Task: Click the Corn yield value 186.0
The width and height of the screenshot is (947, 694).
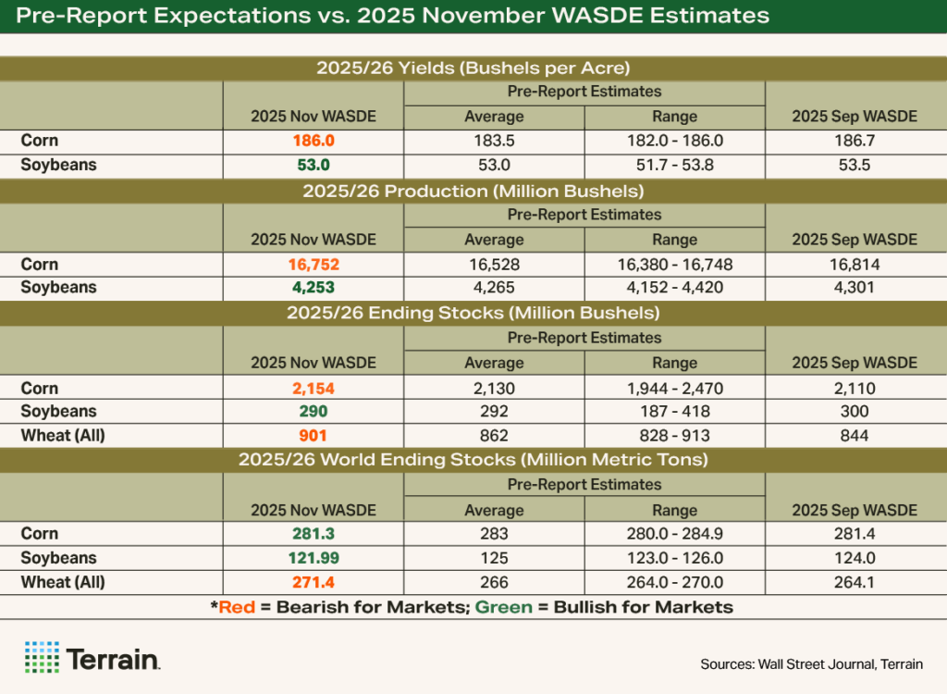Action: pyautogui.click(x=313, y=142)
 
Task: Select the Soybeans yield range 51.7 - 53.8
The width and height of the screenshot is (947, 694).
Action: pyautogui.click(x=674, y=166)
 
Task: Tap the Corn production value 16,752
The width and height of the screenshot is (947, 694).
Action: pyautogui.click(x=313, y=264)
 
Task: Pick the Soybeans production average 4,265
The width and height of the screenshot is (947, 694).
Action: pyautogui.click(x=494, y=288)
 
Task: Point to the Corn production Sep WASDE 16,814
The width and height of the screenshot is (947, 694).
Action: pyautogui.click(x=855, y=264)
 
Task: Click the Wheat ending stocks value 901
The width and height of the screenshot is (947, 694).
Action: pyautogui.click(x=313, y=435)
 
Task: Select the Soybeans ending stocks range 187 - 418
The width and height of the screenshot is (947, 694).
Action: pyautogui.click(x=674, y=412)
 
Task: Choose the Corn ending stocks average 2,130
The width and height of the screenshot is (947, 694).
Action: pyautogui.click(x=494, y=389)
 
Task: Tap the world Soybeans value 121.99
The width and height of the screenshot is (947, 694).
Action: pyautogui.click(x=313, y=558)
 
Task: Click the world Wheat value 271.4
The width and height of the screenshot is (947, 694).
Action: pyautogui.click(x=313, y=582)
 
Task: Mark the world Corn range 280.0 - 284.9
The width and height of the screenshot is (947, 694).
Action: pyautogui.click(x=674, y=534)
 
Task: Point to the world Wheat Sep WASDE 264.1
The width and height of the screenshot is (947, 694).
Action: pyautogui.click(x=855, y=582)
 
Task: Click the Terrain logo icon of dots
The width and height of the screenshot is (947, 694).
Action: pyautogui.click(x=42, y=657)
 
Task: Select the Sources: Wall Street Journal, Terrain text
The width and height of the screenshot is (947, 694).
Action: pyautogui.click(x=811, y=664)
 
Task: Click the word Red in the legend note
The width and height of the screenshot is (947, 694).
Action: pyautogui.click(x=239, y=607)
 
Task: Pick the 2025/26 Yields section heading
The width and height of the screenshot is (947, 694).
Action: pyautogui.click(x=473, y=68)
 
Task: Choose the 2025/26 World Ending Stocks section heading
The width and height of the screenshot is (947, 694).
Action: pyautogui.click(x=473, y=460)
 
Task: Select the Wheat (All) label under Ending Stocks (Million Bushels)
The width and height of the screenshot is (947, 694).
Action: pyautogui.click(x=64, y=435)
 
